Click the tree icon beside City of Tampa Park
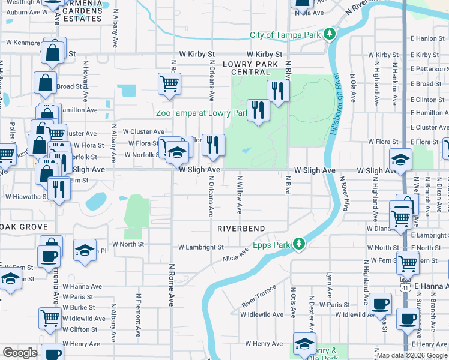click(329, 35)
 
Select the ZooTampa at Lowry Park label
click(202, 113)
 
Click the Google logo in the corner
click(20, 353)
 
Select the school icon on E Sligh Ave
click(400, 160)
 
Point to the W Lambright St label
click(200, 247)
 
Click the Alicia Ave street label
click(235, 255)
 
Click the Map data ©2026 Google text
click(411, 355)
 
